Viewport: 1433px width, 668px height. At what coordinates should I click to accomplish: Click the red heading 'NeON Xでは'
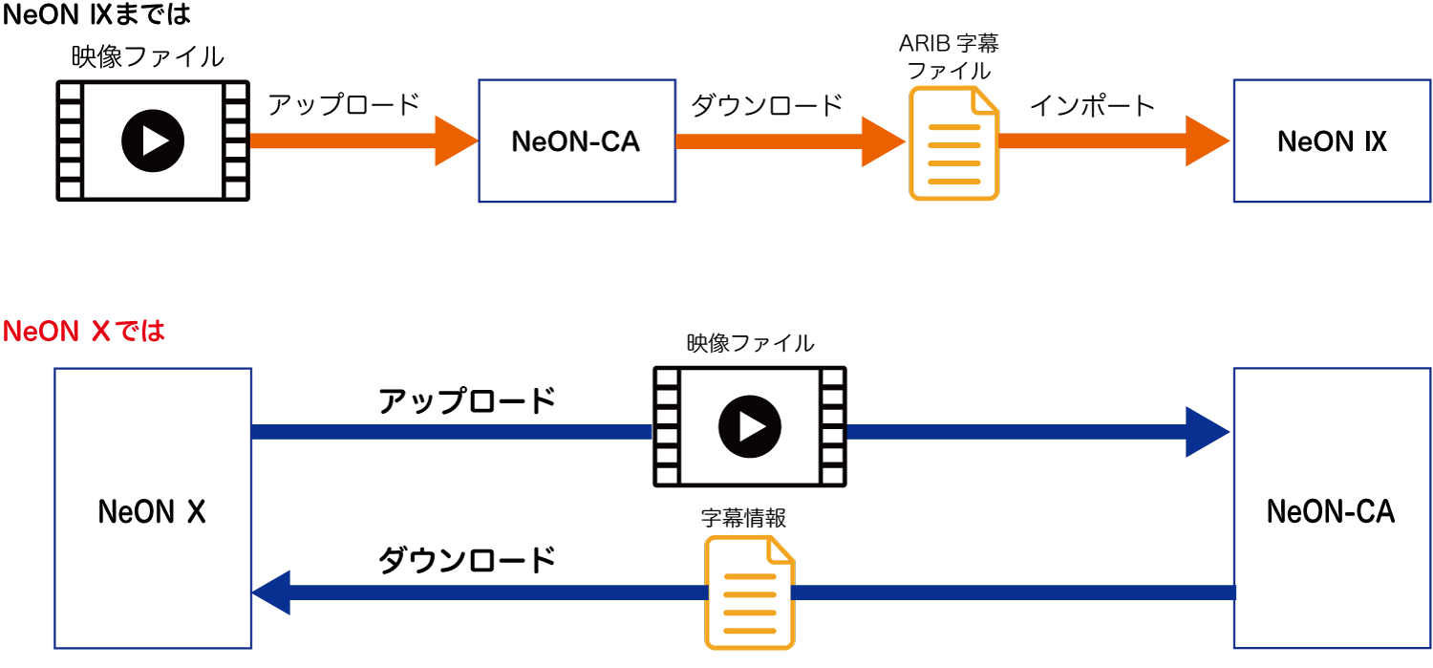coord(84,332)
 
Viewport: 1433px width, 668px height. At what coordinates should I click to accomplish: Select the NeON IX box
coord(1332,141)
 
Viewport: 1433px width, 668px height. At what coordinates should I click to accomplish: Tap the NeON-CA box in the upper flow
coord(576,141)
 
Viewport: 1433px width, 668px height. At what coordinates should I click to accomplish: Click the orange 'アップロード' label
coord(344,104)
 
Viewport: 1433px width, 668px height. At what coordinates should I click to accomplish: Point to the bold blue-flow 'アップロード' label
coord(466,401)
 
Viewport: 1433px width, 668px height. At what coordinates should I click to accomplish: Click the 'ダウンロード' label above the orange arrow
coord(766,104)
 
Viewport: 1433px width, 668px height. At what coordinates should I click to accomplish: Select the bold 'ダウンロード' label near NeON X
coord(466,560)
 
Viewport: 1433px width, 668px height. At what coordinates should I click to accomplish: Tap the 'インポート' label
coord(1092,104)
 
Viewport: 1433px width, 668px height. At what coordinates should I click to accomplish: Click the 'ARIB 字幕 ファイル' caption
coord(949,56)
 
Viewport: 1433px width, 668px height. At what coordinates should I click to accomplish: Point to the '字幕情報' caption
coord(743,518)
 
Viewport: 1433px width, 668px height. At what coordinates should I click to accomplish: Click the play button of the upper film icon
coord(153,140)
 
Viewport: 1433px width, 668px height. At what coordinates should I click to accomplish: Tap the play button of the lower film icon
coord(750,426)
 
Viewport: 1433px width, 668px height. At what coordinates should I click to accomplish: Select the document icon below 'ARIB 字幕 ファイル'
coord(953,143)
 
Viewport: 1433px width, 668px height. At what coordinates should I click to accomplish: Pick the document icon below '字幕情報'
coord(750,593)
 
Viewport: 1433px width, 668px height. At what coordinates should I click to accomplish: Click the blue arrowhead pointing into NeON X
coord(272,593)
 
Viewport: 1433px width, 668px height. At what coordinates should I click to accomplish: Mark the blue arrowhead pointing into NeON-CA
coord(1207,432)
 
